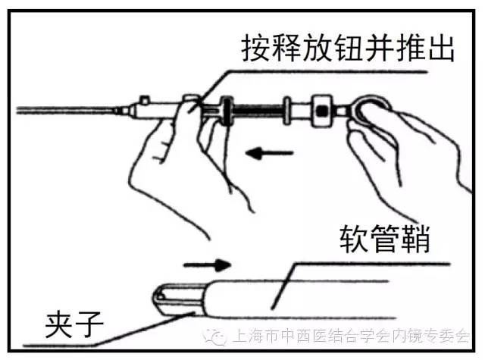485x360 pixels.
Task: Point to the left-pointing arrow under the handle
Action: (270, 153)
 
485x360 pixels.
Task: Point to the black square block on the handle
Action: (322, 111)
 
